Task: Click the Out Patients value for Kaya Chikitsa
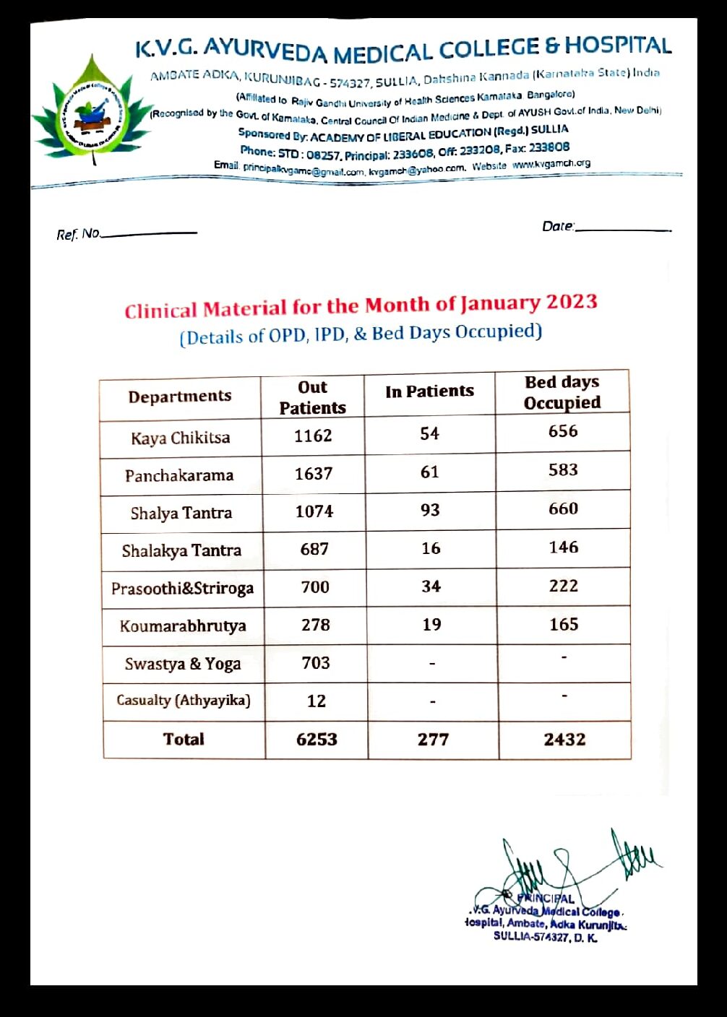pyautogui.click(x=313, y=436)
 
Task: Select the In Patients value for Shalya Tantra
pyautogui.click(x=430, y=510)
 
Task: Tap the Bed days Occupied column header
pyautogui.click(x=562, y=392)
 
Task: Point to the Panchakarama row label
pyautogui.click(x=179, y=475)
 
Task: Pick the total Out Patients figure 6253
pyautogui.click(x=317, y=739)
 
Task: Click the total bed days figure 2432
pyautogui.click(x=564, y=739)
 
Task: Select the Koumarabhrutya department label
pyautogui.click(x=183, y=626)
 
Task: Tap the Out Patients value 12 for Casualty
pyautogui.click(x=316, y=701)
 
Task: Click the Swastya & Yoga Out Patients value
pyautogui.click(x=316, y=662)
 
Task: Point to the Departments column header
pyautogui.click(x=180, y=396)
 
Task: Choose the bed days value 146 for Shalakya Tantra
pyautogui.click(x=563, y=547)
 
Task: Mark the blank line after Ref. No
pyautogui.click(x=149, y=233)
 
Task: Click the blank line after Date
pyautogui.click(x=623, y=229)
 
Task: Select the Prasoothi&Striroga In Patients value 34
pyautogui.click(x=431, y=586)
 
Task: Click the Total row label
pyautogui.click(x=184, y=739)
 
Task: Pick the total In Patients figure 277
pyautogui.click(x=433, y=739)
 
